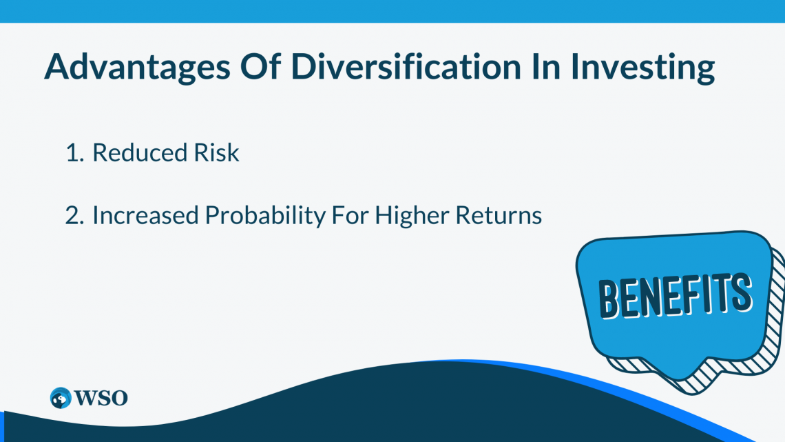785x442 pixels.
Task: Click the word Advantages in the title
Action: (x=137, y=68)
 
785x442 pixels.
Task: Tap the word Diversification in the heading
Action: (x=406, y=66)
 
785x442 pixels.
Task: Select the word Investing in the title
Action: (x=643, y=68)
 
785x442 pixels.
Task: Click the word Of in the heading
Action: (x=260, y=66)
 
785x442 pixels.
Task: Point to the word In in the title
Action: (x=545, y=66)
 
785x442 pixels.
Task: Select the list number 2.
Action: (x=74, y=216)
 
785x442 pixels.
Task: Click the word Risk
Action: (x=217, y=152)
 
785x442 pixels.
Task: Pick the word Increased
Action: (x=146, y=216)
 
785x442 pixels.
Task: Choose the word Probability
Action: (x=265, y=217)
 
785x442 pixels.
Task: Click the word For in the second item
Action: (x=350, y=216)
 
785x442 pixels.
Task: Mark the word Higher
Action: (x=412, y=217)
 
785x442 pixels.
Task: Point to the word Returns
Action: (x=499, y=216)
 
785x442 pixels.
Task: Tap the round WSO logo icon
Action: (x=61, y=399)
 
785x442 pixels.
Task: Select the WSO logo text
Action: (x=101, y=399)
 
